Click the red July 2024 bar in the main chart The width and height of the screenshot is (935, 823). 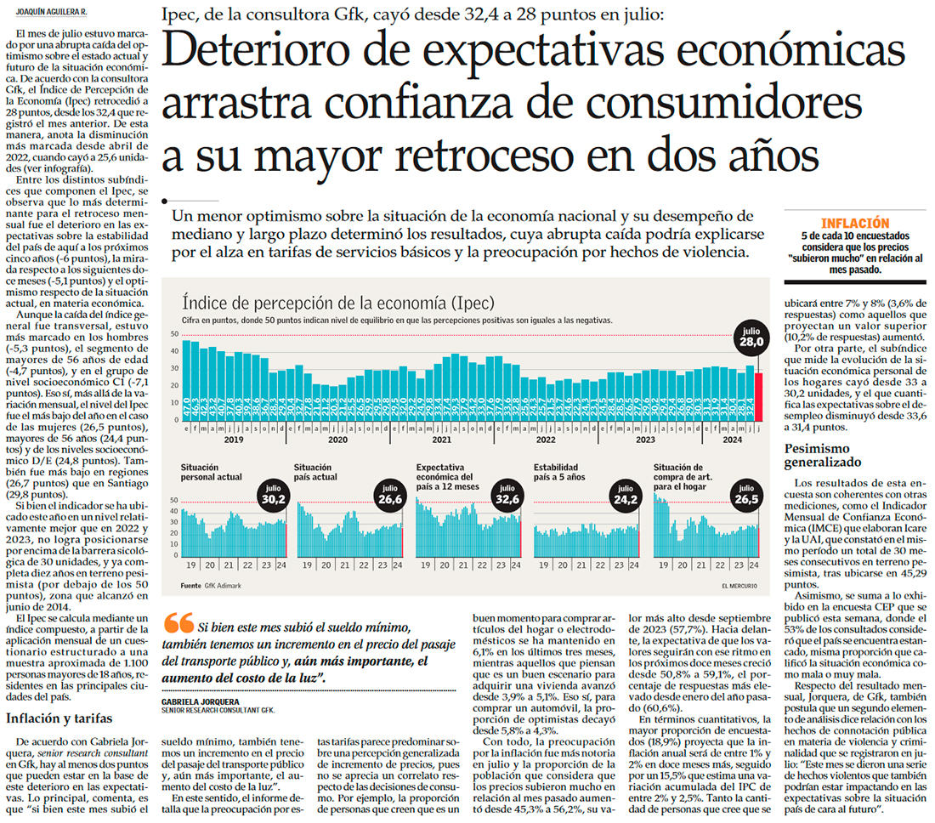pyautogui.click(x=758, y=396)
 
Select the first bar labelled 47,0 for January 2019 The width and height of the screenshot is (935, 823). pyautogui.click(x=186, y=381)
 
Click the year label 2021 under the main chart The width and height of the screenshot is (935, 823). pyautogui.click(x=441, y=440)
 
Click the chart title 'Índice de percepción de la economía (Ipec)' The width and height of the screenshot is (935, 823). pyautogui.click(x=338, y=303)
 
